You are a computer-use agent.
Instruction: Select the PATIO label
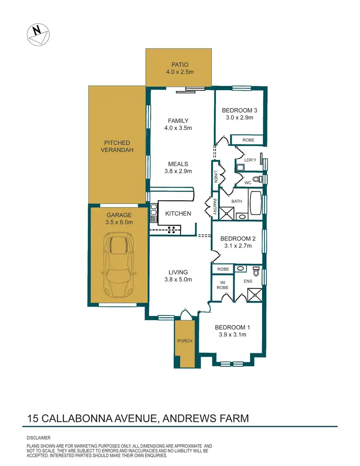coord(178,65)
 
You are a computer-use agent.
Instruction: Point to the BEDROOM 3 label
coord(239,110)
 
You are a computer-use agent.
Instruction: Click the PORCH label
coord(185,341)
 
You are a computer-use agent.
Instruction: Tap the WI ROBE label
coord(223,285)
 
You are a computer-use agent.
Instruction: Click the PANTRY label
coord(215,206)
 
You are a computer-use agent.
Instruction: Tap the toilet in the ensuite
coord(256,272)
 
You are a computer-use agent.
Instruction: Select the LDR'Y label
coord(250,159)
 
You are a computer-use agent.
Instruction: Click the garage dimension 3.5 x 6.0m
coord(119,222)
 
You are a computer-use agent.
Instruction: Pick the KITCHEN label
coord(178,214)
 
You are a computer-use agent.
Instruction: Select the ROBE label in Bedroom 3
coord(248,140)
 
